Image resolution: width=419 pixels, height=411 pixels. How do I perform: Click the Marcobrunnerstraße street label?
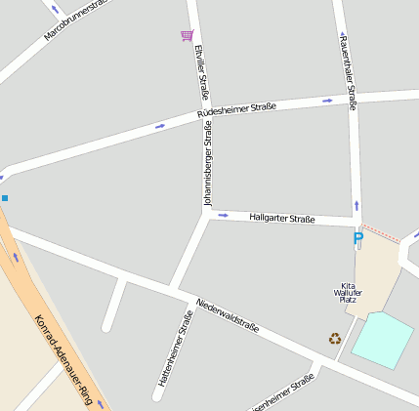point(74,21)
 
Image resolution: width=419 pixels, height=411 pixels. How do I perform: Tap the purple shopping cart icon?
point(187,36)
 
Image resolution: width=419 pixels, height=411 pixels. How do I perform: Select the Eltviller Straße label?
point(202,71)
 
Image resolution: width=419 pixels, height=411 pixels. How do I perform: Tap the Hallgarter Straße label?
point(281,219)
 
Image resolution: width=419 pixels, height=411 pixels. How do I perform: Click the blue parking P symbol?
point(357,239)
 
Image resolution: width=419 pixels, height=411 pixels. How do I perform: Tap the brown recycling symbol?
point(335,338)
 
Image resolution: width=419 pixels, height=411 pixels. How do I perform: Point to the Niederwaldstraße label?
point(228,314)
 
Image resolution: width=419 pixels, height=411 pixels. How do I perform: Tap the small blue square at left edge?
point(4,198)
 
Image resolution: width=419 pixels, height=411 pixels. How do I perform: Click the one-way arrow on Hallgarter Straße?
point(223,215)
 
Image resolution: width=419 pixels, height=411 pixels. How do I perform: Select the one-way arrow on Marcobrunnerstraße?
point(55,9)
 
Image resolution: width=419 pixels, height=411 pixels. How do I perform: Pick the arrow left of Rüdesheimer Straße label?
point(160,126)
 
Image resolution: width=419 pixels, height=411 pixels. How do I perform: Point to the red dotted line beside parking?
point(381,233)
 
